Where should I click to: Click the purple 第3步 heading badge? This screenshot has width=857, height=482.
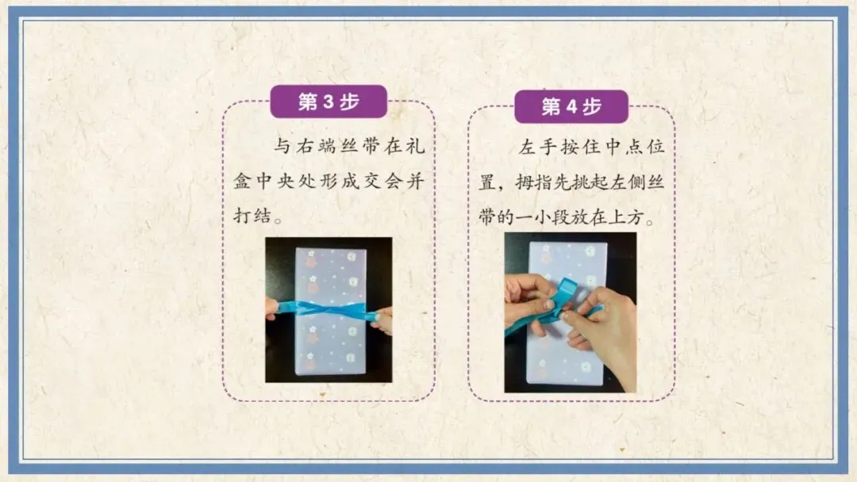[x=329, y=101]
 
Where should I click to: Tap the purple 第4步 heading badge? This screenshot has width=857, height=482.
[x=571, y=106]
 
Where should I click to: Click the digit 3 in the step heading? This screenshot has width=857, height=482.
[x=329, y=101]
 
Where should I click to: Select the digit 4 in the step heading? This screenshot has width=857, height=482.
[x=571, y=106]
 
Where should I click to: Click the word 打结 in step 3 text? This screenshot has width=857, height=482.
[x=252, y=216]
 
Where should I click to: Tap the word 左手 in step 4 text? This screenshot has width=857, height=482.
[x=538, y=147]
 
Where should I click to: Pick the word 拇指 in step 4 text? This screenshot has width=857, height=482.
[x=533, y=182]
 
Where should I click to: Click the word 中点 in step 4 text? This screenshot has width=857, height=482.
[x=623, y=147]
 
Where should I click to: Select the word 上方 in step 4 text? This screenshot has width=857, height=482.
[x=626, y=217]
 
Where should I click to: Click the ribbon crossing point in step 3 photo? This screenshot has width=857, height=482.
[x=329, y=309]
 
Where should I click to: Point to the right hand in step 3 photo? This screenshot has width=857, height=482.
[x=382, y=319]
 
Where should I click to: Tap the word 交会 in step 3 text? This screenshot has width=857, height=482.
[x=382, y=182]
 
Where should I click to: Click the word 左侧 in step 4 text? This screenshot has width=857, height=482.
[x=628, y=182]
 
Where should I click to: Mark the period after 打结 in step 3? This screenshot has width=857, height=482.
[x=279, y=220]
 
